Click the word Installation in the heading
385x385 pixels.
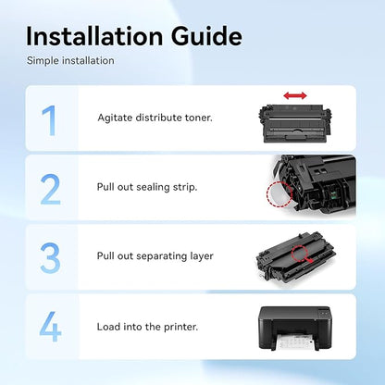(x=94, y=36)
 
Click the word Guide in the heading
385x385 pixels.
(x=206, y=36)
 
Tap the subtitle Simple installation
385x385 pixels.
(x=70, y=60)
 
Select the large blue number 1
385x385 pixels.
(x=49, y=120)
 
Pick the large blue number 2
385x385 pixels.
(x=51, y=190)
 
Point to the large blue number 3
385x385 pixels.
(x=50, y=258)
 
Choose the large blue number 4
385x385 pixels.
(x=50, y=327)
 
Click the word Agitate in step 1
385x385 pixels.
(x=115, y=118)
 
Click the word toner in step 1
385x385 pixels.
(x=199, y=118)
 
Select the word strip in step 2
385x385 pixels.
(x=185, y=188)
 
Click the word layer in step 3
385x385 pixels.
(x=202, y=256)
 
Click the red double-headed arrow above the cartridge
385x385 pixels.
(x=295, y=95)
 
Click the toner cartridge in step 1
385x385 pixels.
(x=294, y=123)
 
